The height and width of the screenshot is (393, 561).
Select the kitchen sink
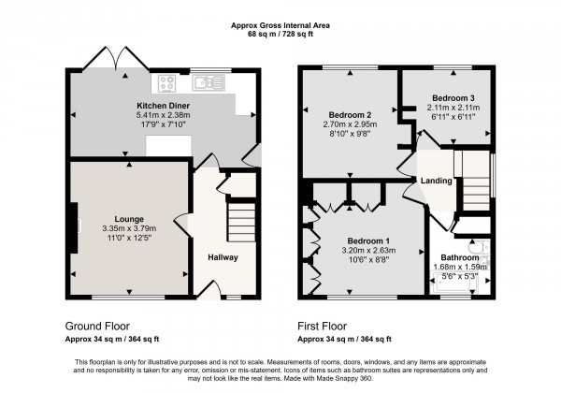pos(205,83)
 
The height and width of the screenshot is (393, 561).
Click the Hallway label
pos(223,257)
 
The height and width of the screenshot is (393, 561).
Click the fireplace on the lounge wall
pos(72,225)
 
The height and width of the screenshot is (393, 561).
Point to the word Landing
pos(437,181)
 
